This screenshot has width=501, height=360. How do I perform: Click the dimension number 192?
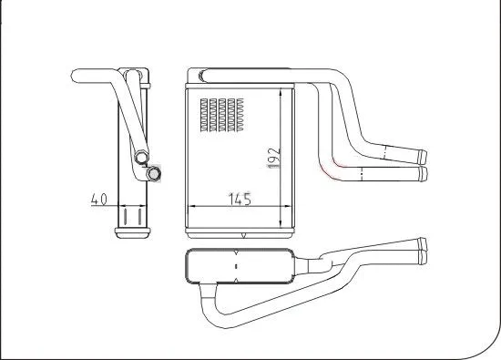(272, 157)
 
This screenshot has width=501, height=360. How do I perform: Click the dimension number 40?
(99, 198)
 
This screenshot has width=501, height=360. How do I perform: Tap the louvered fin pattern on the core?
(218, 114)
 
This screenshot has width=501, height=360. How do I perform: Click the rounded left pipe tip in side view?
(77, 72)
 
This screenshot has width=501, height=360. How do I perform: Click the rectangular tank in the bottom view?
(239, 267)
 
